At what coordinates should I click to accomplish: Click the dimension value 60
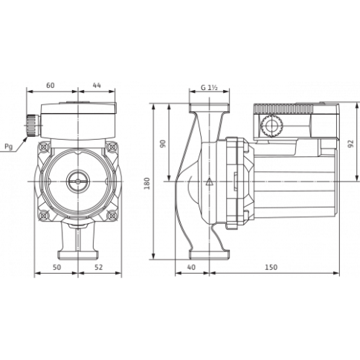pos(51,86)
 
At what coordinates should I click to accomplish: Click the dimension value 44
pos(97,86)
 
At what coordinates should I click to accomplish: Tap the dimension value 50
pos(57,267)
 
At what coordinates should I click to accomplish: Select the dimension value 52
pos(98,267)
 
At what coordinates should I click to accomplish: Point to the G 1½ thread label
pos(209,87)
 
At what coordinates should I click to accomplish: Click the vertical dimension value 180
pos(147,183)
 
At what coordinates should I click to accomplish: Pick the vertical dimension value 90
pos(162,144)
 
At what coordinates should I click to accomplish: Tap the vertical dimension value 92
pos(350,144)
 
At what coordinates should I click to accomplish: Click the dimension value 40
pos(191,267)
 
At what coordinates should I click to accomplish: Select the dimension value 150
pos(271,267)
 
